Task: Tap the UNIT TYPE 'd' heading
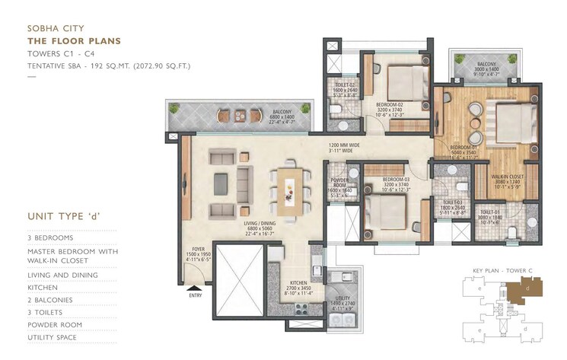(x=64, y=216)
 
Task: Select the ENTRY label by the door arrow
(x=194, y=295)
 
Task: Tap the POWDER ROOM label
(x=338, y=183)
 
